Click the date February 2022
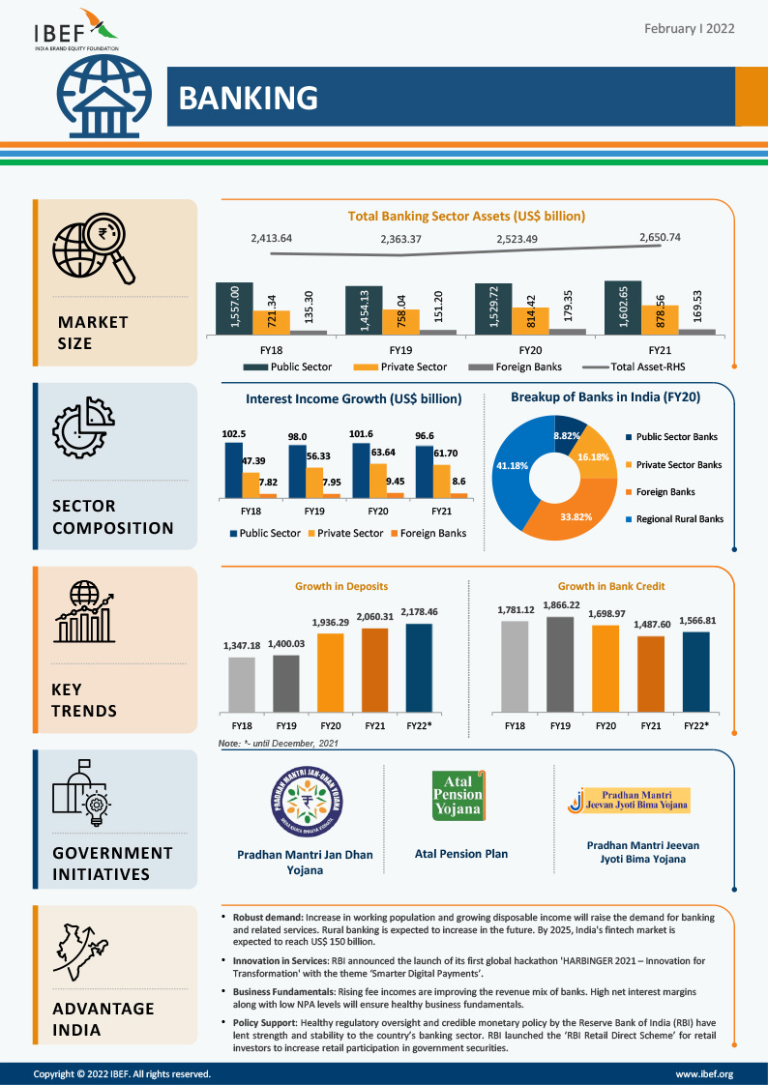tap(689, 29)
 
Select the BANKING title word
tap(249, 98)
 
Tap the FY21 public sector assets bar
tap(623, 308)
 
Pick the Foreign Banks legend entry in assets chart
tap(523, 367)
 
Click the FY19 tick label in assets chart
tap(400, 349)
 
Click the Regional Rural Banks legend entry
tap(679, 519)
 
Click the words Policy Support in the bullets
tap(264, 1021)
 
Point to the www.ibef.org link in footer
tap(703, 1073)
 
